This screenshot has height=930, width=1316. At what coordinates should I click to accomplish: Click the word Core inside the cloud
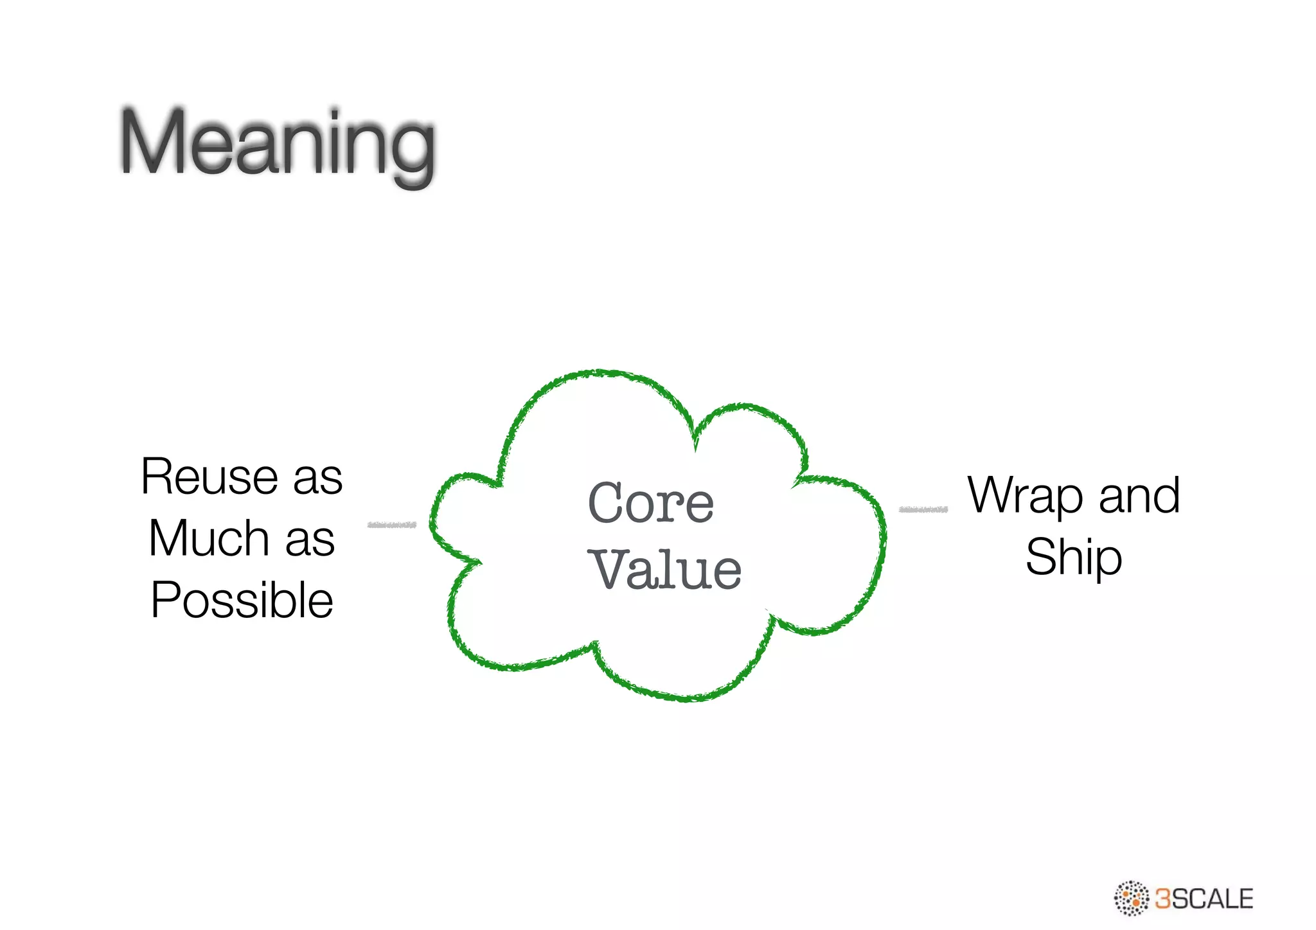[650, 503]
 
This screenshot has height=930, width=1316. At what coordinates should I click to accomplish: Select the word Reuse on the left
[209, 477]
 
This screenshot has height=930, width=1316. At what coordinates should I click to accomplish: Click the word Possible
[242, 600]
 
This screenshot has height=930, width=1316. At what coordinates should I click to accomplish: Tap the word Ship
[1073, 557]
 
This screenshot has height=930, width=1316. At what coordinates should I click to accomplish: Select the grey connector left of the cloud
[391, 525]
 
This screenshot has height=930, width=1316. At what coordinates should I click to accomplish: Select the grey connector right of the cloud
[923, 509]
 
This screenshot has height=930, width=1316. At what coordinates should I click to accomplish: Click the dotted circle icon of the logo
[1131, 898]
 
